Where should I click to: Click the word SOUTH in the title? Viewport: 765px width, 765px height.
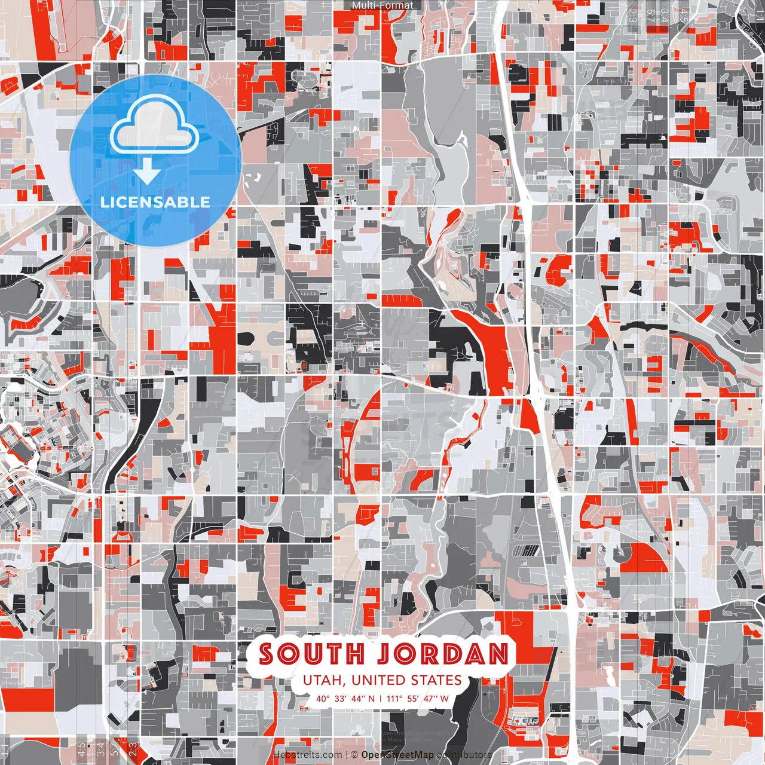coord(311,654)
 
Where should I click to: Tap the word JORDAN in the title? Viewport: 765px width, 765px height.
coord(443,654)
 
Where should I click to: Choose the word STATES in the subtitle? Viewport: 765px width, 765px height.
coord(436,680)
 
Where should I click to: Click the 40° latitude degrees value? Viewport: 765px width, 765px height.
coord(323,698)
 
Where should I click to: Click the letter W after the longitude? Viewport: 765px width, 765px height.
coord(444,698)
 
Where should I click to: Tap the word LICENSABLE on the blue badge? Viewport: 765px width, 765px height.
coord(155,202)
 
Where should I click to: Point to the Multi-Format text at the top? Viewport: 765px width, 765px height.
coord(382,5)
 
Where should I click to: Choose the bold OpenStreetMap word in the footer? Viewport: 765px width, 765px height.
coord(397,755)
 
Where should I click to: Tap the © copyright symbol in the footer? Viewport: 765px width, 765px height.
coord(354,755)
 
